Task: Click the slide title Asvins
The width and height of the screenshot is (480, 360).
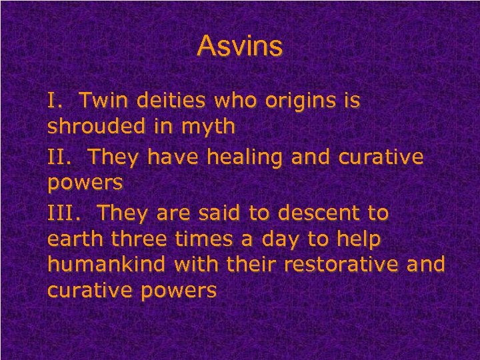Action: (240, 47)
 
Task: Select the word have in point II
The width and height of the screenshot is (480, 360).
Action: (165, 157)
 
